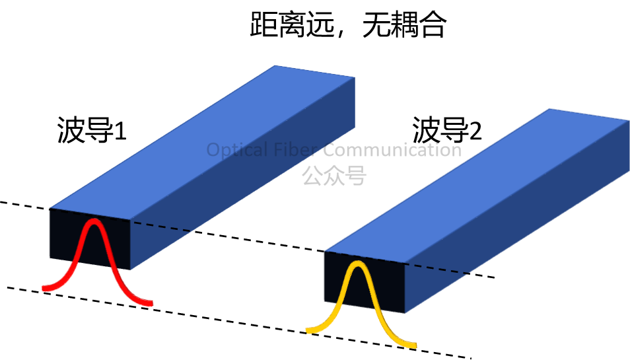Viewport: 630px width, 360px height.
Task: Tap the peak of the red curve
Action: click(x=95, y=222)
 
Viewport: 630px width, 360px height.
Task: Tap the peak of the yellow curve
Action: click(x=357, y=264)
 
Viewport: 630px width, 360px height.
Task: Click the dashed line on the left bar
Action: click(x=161, y=227)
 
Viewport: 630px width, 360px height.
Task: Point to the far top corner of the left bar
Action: click(x=275, y=65)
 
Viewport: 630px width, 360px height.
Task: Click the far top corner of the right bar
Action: click(x=549, y=108)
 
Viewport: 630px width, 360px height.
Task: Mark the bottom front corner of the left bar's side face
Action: click(x=131, y=271)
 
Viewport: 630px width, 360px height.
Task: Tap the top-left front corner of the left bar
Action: click(x=50, y=209)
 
